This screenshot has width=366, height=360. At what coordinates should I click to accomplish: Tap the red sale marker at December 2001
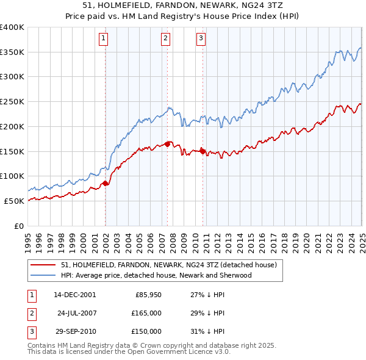coord(105,182)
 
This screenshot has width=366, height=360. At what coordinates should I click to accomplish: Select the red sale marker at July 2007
coord(167,144)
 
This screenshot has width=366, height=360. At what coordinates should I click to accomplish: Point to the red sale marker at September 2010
coord(203,151)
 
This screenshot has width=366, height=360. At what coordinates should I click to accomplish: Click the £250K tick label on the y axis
coord(12,102)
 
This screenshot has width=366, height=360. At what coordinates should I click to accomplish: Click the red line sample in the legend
coord(44,265)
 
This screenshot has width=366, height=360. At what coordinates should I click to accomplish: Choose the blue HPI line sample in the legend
coord(44,275)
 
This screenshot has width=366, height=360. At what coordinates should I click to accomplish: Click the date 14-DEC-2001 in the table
coord(74,295)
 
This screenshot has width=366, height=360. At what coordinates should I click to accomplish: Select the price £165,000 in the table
coord(147,313)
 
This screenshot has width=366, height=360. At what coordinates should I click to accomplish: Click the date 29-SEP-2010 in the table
coord(74,331)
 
